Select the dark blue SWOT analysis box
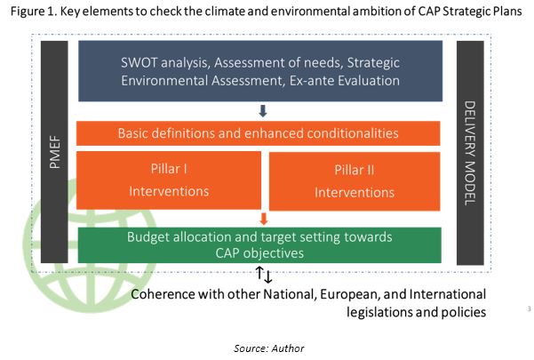[259, 71]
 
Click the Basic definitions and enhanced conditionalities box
[259, 133]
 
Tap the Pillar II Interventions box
[353, 180]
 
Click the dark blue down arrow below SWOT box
[262, 111]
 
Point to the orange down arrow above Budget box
[263, 218]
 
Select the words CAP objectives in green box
[259, 253]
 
